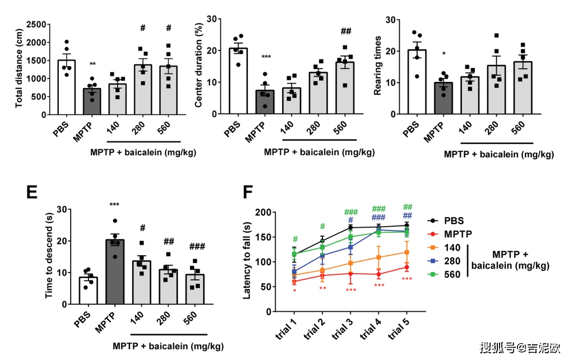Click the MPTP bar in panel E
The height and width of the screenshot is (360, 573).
point(115,272)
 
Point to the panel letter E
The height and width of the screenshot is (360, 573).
point(33,192)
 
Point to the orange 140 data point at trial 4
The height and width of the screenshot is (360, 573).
point(379,257)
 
